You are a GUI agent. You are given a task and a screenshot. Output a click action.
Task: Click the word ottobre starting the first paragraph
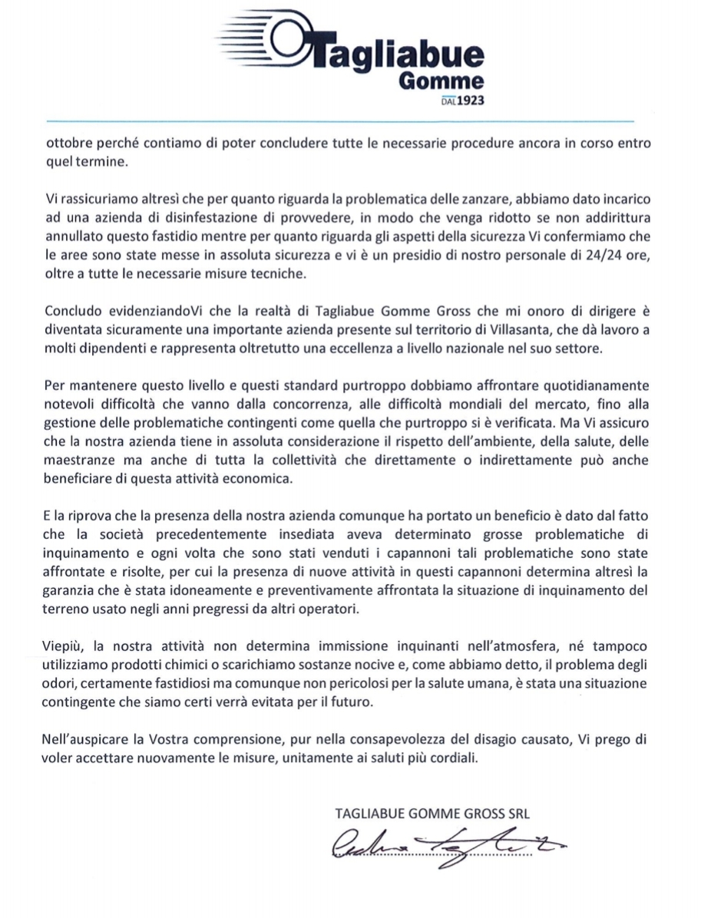[65, 144]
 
